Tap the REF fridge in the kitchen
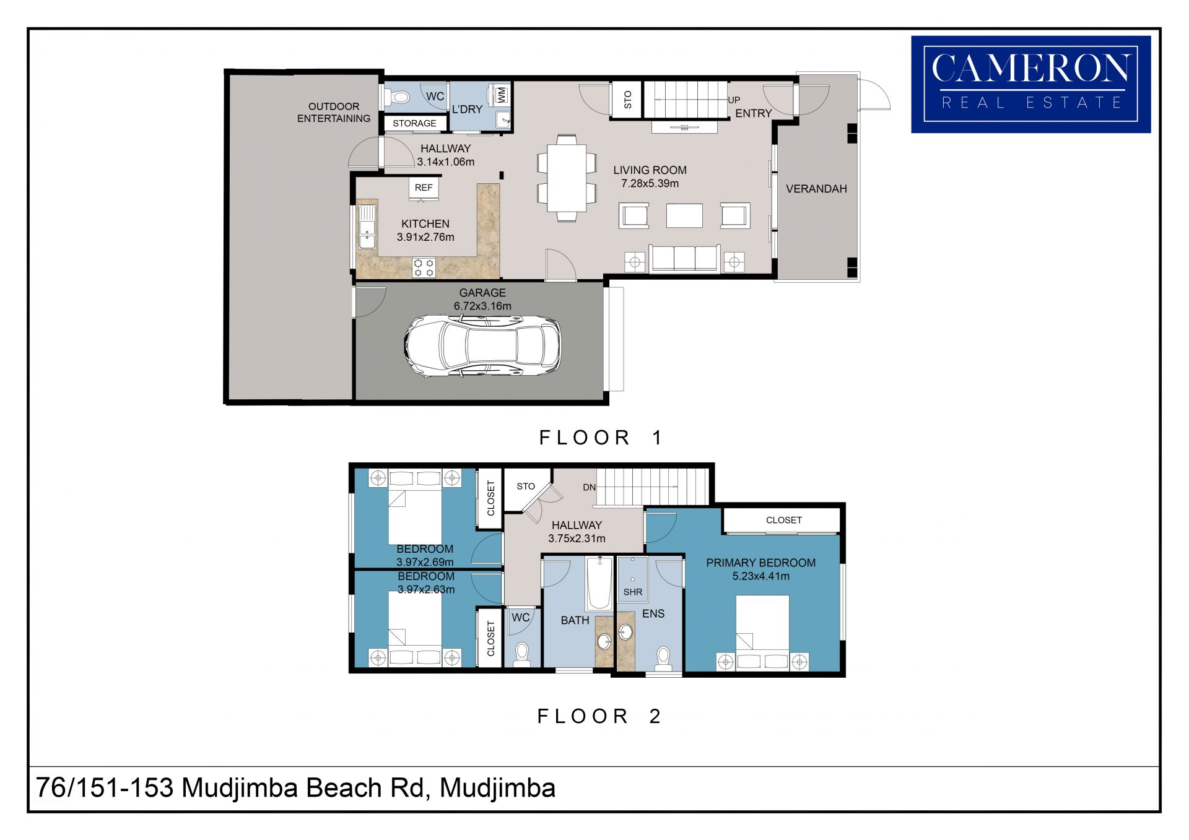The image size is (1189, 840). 424,189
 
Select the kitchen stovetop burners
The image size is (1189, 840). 424,268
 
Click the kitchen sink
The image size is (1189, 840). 367,227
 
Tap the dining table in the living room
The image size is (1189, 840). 567,178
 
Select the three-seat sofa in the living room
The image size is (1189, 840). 684,259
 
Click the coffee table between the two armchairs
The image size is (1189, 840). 684,216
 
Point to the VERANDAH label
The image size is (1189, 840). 816,189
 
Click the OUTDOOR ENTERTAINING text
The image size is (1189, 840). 334,113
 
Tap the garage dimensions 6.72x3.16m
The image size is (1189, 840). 482,306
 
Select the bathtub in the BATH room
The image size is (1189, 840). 599,584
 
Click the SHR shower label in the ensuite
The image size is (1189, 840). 633,592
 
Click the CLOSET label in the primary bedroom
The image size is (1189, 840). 784,521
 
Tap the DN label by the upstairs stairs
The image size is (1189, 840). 590,488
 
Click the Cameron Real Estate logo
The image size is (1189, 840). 1031,84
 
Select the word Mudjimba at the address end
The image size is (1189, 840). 497,789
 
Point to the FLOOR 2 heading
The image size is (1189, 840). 599,716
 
